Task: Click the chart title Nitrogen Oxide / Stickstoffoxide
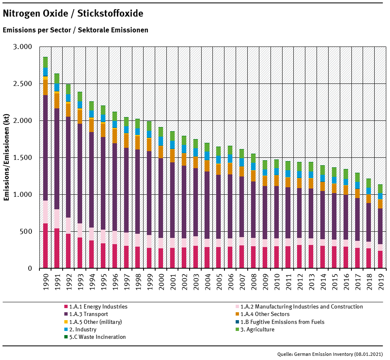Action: (73, 14)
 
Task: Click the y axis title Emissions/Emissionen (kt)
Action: (7, 157)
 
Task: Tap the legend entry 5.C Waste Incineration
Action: (97, 337)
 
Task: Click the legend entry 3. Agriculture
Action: (257, 329)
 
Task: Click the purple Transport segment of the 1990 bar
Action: (46, 148)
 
